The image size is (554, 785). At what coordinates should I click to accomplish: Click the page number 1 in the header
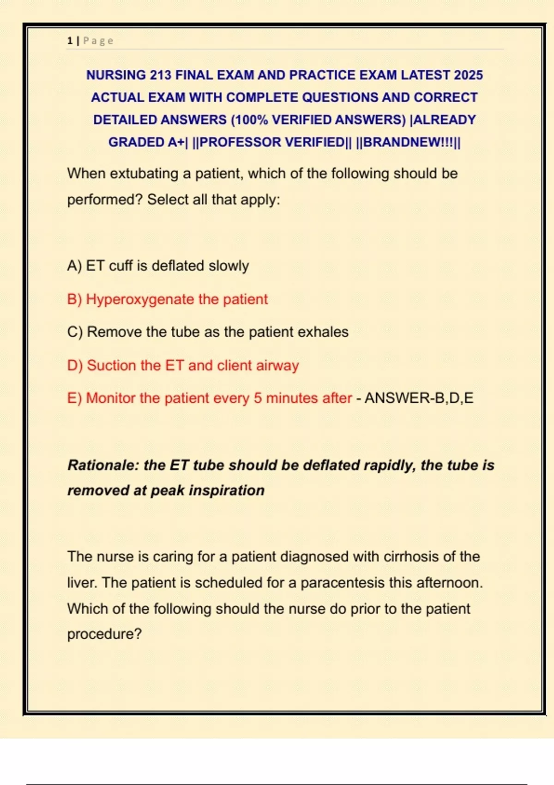[70, 41]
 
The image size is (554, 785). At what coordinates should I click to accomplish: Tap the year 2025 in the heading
[468, 75]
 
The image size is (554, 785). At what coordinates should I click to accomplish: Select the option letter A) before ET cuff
[74, 266]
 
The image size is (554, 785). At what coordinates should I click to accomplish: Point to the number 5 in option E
[258, 398]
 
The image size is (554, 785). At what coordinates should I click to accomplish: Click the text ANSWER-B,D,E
[419, 398]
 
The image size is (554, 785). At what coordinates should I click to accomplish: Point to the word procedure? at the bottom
[104, 634]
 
